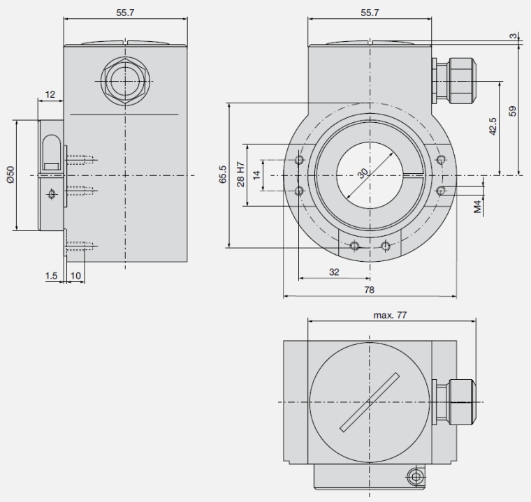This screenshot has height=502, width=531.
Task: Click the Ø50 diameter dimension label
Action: [x=10, y=175]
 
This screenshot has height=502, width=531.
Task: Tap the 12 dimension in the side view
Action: [x=50, y=94]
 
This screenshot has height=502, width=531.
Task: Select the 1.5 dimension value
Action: [x=52, y=276]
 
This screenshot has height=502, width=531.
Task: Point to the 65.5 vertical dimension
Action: [x=222, y=175]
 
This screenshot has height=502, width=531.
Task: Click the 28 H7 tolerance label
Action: [x=240, y=175]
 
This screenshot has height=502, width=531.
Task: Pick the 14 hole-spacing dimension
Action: [x=256, y=175]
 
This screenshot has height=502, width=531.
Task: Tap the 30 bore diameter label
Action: [x=363, y=173]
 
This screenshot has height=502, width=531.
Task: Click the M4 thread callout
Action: [x=477, y=207]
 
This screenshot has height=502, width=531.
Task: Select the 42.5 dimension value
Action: [x=493, y=126]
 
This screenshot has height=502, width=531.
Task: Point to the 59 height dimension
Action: [x=513, y=111]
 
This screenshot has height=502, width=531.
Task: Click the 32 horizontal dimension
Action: [x=334, y=272]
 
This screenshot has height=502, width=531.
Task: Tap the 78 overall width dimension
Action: [x=370, y=290]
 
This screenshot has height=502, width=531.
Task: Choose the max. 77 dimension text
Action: [x=390, y=315]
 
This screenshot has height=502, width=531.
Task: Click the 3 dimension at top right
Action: [x=514, y=36]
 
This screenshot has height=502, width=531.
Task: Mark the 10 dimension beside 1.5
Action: [x=75, y=276]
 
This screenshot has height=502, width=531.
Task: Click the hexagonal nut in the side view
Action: [x=125, y=81]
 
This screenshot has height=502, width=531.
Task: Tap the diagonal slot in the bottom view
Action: [x=370, y=402]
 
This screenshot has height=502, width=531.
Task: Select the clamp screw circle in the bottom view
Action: [x=416, y=477]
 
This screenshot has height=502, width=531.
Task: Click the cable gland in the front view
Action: [x=453, y=81]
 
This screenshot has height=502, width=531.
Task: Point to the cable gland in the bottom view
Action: [x=453, y=401]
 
